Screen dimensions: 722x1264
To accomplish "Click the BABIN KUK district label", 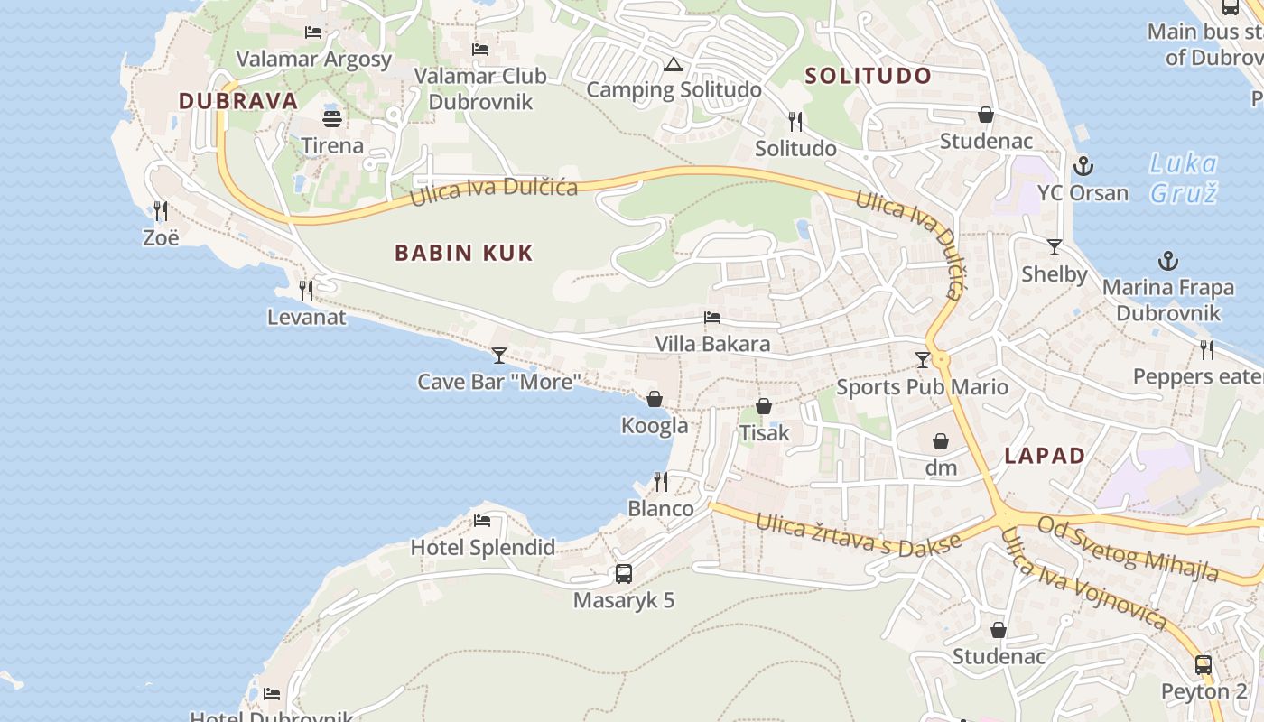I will coord(464,253).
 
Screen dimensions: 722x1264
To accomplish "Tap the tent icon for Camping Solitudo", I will coord(672,65).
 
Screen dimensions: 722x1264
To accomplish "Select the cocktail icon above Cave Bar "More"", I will coord(498,356).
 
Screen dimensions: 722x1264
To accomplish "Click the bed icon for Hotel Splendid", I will coord(482,521).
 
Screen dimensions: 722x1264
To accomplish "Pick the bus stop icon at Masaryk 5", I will coord(623,573).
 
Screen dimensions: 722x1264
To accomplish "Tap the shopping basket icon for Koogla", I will coord(655,399).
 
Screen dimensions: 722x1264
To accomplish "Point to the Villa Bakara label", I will coord(713,344).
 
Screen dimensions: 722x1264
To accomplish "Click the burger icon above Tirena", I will coord(332,118).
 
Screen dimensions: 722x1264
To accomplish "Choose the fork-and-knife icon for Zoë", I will coord(161,211).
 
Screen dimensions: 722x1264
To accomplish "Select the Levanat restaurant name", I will coord(306,317).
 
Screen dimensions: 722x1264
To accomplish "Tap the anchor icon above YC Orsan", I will coord(1083,166).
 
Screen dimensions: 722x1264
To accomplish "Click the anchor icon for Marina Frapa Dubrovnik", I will coord(1168,262).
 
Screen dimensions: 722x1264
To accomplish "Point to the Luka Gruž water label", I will coord(1184,178).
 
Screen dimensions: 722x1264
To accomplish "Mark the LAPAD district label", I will coord(1045,456).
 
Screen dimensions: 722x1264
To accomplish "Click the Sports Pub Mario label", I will coord(922,387).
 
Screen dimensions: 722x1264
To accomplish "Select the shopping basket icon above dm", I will coord(941,441).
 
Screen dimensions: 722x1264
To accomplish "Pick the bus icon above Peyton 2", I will coord(1203,665).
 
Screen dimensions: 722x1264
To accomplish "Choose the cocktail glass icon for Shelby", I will coord(1054,247).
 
